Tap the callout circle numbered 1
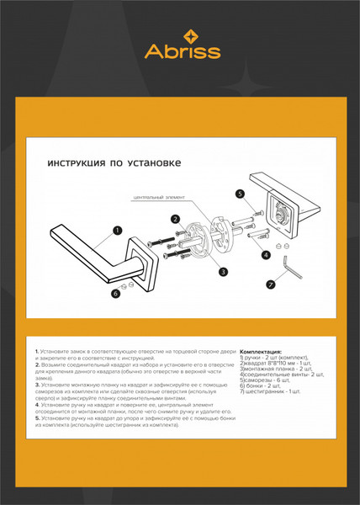117,229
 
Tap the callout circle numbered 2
176,219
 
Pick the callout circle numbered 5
240,194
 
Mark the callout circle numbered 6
116,294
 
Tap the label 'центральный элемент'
158,199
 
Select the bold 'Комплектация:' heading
262,352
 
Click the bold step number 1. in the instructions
38,350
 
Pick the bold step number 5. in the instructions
38,418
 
